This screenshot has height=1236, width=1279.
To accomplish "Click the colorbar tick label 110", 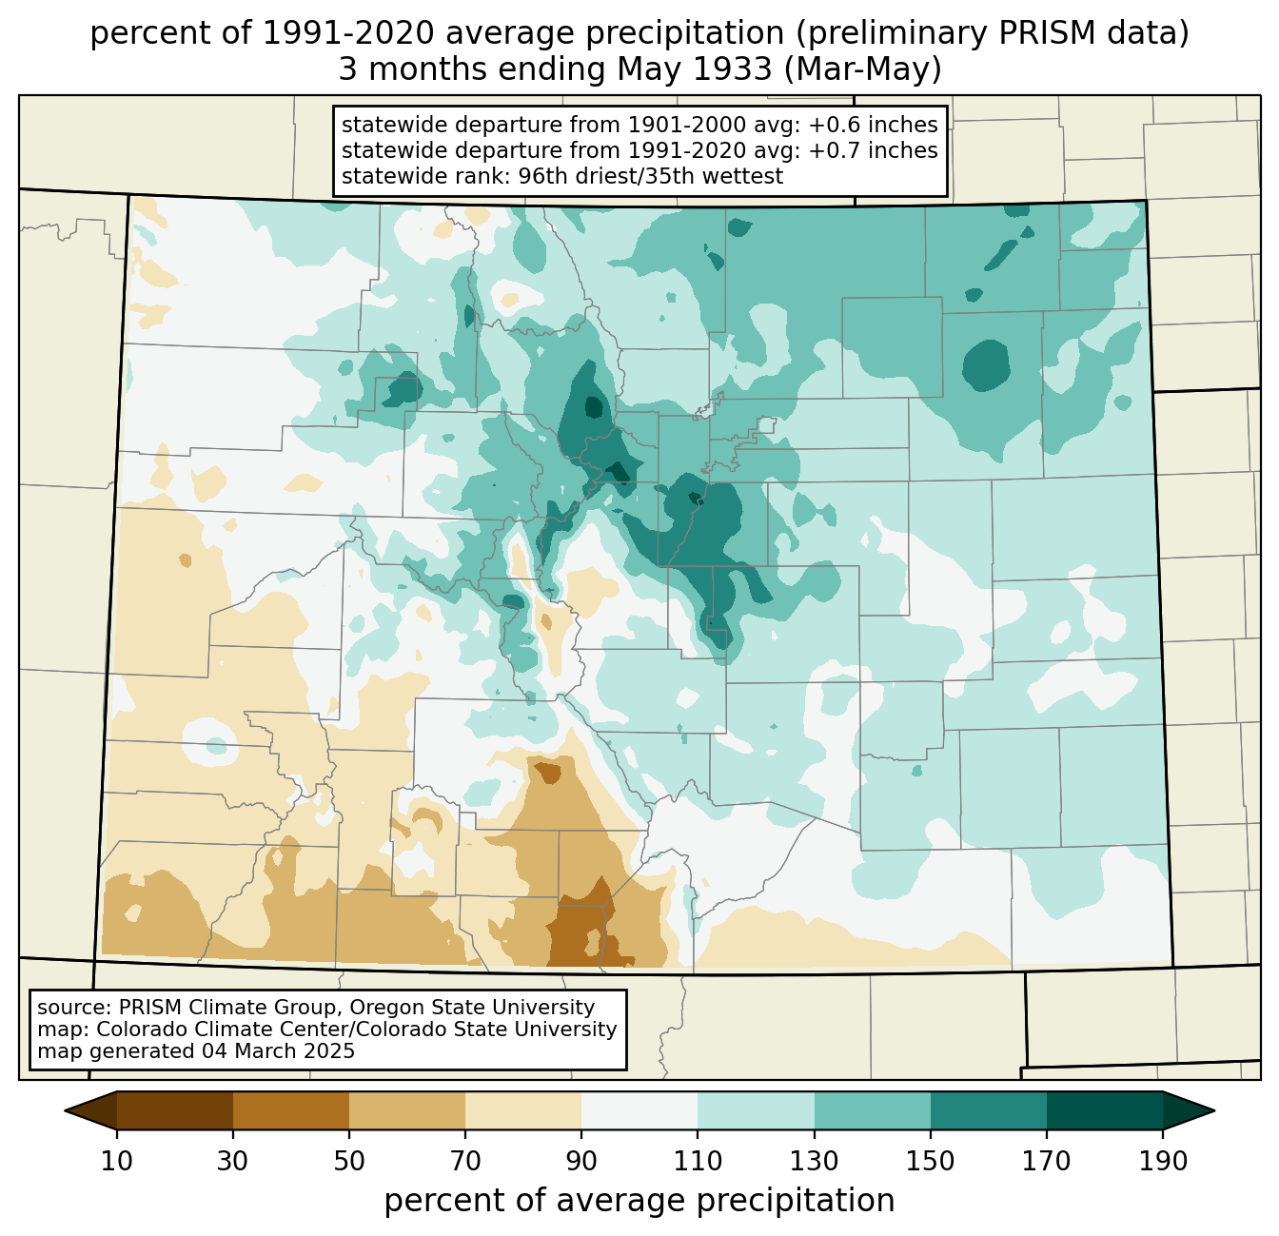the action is tap(698, 1161).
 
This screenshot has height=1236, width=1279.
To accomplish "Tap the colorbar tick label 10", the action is tap(116, 1161).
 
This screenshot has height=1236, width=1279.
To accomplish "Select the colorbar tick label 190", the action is tap(1163, 1161).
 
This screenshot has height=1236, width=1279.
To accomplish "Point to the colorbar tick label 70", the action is tap(465, 1161).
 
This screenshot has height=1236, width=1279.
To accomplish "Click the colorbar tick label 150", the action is tap(930, 1161).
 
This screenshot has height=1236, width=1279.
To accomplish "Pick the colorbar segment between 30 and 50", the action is tap(290, 1110).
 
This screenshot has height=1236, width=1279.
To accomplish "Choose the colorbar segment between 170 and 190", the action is tap(1104, 1110).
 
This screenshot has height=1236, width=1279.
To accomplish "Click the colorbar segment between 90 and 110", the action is tap(639, 1110).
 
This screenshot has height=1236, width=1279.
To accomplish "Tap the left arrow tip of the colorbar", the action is tap(65, 1110).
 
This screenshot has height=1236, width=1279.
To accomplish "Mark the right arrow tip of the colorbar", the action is tap(1214, 1110).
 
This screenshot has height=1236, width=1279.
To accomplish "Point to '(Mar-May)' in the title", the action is tap(863, 69).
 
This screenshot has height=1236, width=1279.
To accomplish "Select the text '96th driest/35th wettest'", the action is tap(651, 176).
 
